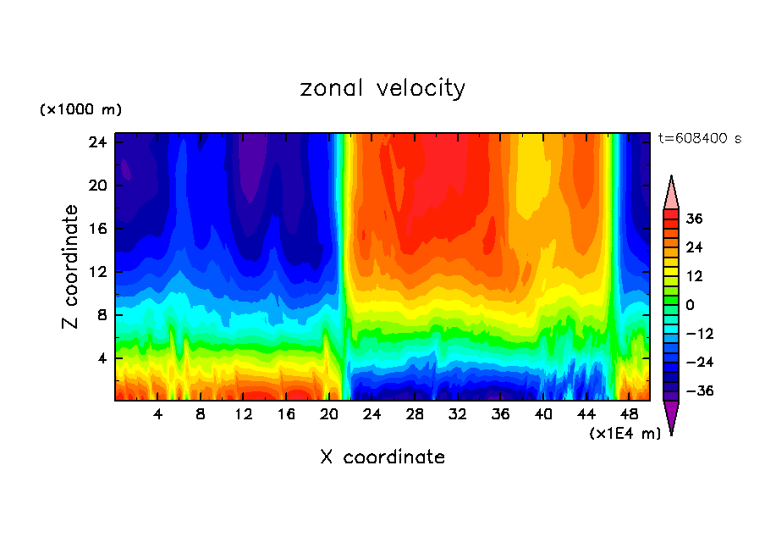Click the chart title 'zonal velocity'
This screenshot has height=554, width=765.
tap(382, 88)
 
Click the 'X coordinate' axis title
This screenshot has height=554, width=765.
tap(382, 457)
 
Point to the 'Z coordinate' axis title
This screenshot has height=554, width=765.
tap(71, 267)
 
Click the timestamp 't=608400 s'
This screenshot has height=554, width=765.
tap(699, 138)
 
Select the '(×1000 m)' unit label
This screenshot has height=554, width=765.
tap(80, 110)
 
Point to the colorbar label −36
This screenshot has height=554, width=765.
tap(699, 391)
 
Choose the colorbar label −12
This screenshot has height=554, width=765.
tap(699, 334)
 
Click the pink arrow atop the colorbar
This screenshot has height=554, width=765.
tap(671, 194)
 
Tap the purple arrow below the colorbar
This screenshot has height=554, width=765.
tap(671, 416)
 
